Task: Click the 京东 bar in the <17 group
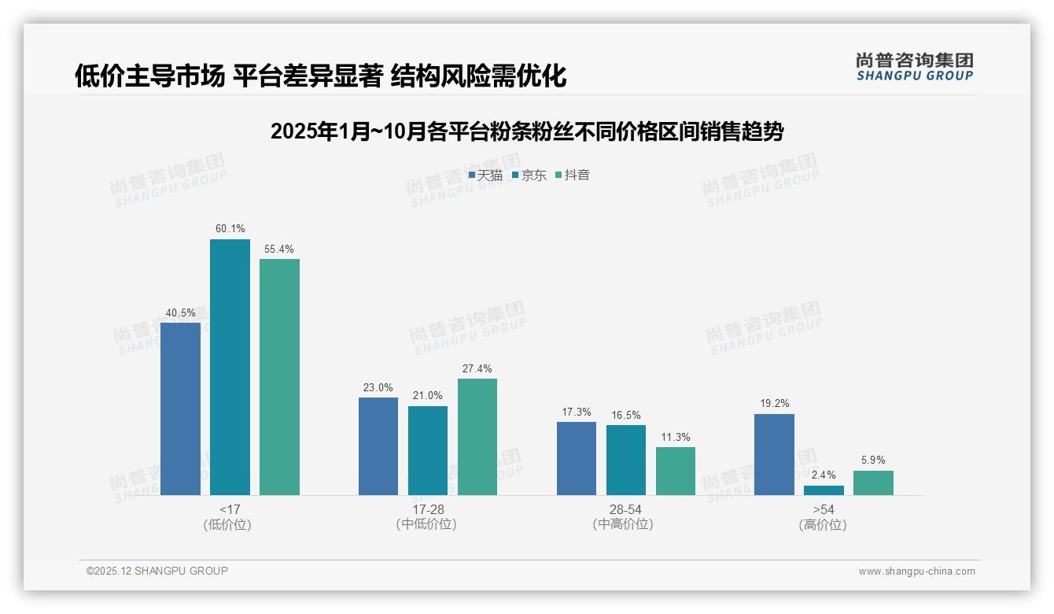coord(230,367)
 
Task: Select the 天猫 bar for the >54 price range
coord(774,454)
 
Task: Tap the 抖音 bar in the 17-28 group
coord(477,437)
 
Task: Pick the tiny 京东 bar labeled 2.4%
coord(824,490)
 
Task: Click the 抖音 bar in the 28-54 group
coord(676,471)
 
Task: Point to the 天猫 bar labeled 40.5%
coord(180,409)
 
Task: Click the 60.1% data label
coord(230,229)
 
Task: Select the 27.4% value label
coord(477,368)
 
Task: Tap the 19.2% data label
coord(774,404)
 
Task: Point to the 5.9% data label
coord(873,460)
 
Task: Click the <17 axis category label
coord(230,509)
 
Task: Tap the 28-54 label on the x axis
coord(625,509)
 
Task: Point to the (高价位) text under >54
coord(823,525)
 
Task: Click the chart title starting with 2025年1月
coord(526,131)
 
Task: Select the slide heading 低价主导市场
coord(320,76)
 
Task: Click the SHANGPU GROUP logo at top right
coord(914,67)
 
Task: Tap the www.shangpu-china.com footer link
coord(916,571)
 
